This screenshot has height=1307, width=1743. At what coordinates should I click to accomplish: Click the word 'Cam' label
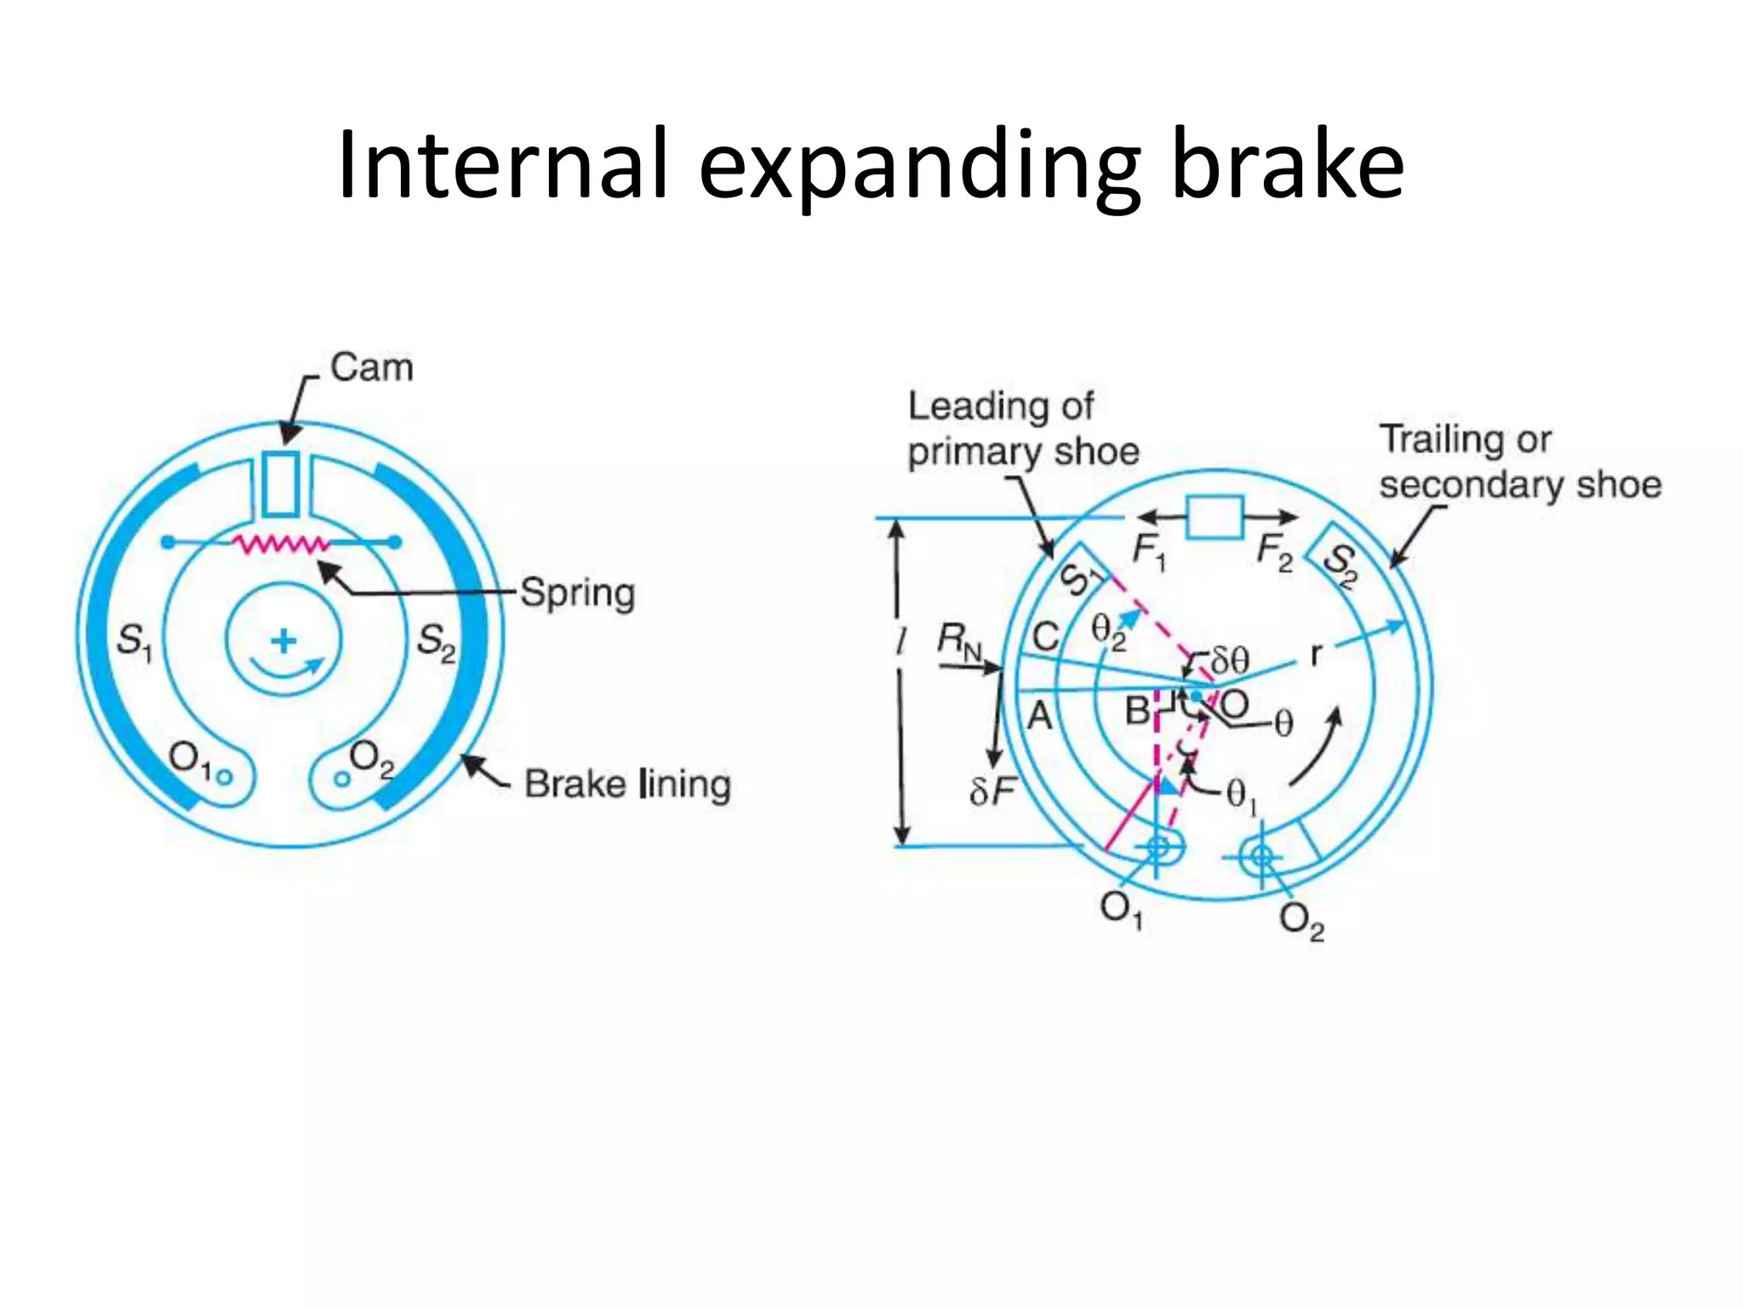(x=371, y=368)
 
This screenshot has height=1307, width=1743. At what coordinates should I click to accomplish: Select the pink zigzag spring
(x=281, y=543)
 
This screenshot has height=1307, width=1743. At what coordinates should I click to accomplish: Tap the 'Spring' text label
(x=577, y=593)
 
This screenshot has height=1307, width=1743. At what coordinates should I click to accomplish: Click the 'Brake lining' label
(x=627, y=785)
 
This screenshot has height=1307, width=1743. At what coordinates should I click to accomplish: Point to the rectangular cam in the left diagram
(x=280, y=484)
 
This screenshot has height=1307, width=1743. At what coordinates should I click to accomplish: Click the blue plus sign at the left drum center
(x=283, y=640)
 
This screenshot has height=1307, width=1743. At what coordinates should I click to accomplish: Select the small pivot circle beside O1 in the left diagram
(x=225, y=776)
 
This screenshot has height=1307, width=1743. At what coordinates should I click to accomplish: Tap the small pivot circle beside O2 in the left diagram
(x=341, y=778)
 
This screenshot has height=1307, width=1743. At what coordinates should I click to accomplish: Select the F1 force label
(x=1149, y=552)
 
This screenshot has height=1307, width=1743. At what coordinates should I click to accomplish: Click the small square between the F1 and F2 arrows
(x=1214, y=517)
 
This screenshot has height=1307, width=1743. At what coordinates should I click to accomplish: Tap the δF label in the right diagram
(x=992, y=791)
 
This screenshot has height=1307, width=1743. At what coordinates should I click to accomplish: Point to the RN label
(x=959, y=640)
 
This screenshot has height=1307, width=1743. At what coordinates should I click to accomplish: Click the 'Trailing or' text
(x=1465, y=440)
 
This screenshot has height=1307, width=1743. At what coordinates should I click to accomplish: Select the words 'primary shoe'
(x=1023, y=451)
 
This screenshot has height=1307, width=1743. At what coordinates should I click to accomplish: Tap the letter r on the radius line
(x=1317, y=655)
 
